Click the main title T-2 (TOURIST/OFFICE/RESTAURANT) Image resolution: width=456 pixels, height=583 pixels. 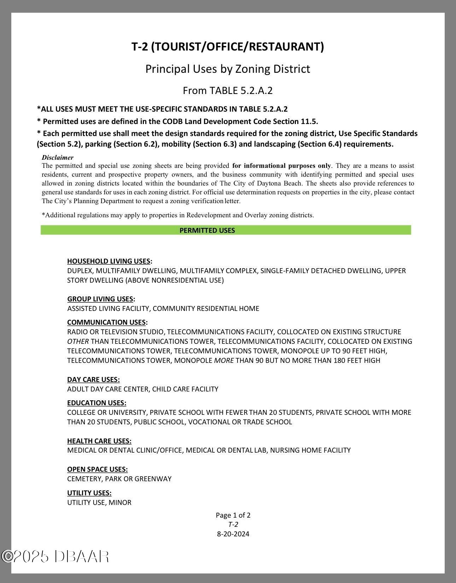point(228,47)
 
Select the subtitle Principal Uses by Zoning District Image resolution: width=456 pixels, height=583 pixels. point(228,69)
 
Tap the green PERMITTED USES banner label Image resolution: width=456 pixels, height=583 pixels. point(207,230)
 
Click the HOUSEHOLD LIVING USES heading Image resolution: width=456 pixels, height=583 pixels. point(109,261)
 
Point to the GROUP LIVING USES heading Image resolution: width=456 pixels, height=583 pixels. point(100,299)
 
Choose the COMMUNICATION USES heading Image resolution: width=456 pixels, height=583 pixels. point(107,322)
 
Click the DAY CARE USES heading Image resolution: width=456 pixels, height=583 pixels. point(93,379)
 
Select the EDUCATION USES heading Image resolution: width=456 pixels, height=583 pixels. point(97,403)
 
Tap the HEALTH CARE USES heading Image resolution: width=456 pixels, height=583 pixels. point(99,441)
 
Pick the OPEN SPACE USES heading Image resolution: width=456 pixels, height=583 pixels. point(97,469)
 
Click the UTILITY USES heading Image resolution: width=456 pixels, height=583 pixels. point(89,493)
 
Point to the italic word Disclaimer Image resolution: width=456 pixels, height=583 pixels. point(58,158)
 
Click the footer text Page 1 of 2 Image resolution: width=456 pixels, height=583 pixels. point(233,515)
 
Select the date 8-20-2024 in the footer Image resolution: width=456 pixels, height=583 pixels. point(233,534)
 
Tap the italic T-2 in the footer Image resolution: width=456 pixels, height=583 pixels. point(233,524)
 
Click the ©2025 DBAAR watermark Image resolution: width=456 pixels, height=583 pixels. point(55,556)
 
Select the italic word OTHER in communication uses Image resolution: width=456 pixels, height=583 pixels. point(78,341)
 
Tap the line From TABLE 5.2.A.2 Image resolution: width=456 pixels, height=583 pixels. point(228,91)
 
